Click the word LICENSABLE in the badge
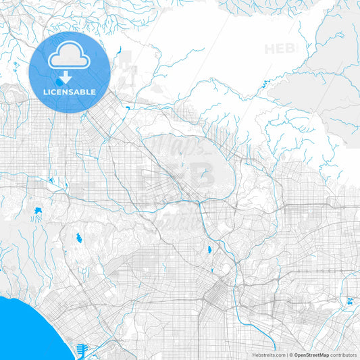pyautogui.click(x=70, y=92)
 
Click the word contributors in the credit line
pyautogui.click(x=343, y=354)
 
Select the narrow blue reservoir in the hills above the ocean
pyautogui.click(x=79, y=237)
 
